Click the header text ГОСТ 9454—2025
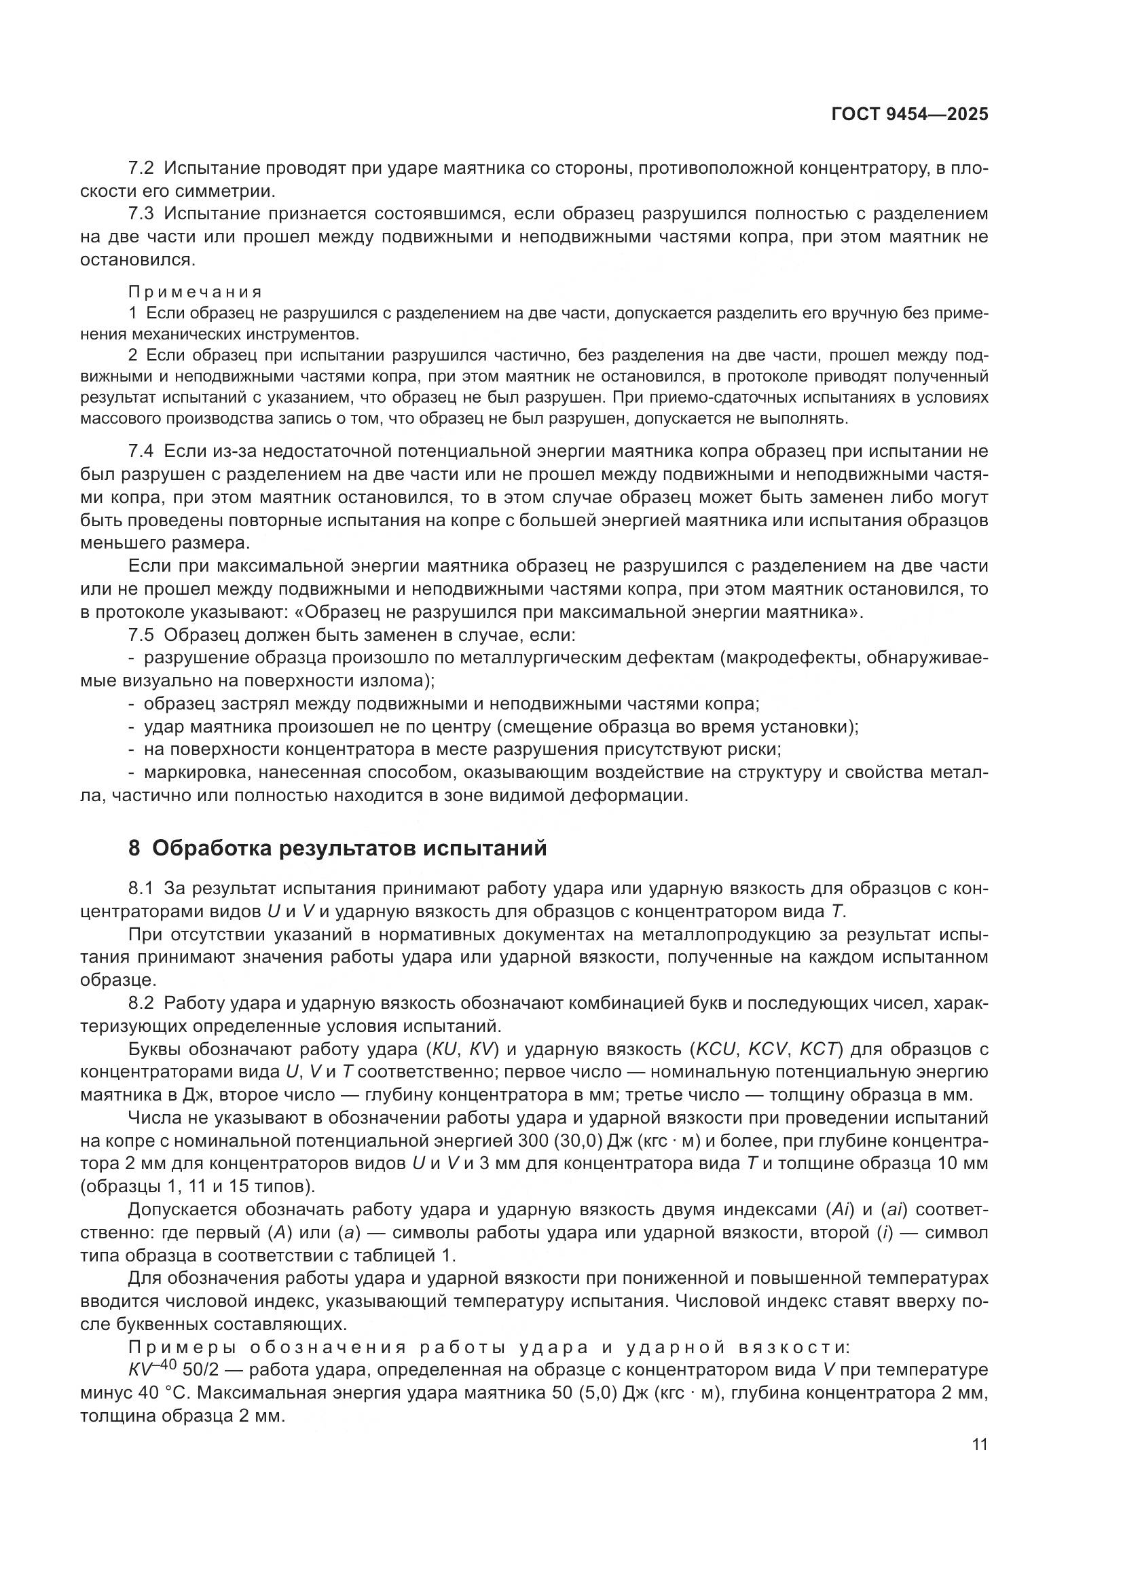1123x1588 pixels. pos(909,114)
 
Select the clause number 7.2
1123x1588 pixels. pos(143,168)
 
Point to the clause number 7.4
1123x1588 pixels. pos(143,451)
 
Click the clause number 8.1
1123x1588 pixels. pos(143,888)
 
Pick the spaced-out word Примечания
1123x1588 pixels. pos(196,292)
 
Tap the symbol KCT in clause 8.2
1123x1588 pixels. pos(819,1049)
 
